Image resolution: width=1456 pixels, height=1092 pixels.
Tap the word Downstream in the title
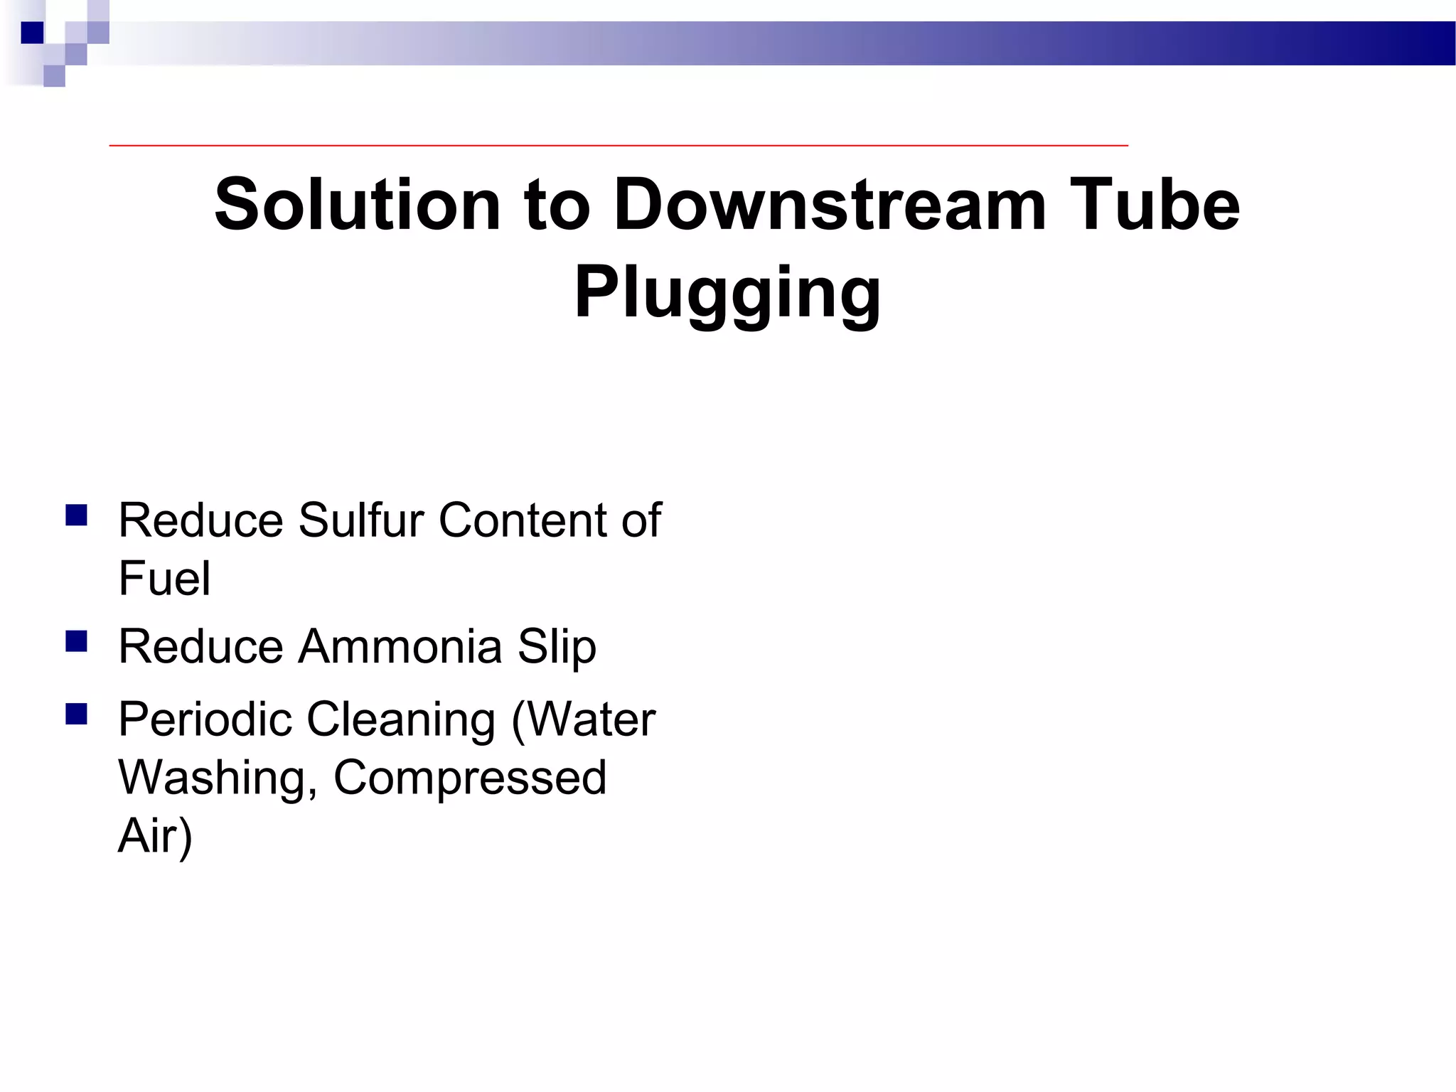829,205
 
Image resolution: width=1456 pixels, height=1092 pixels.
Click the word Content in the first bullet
523,520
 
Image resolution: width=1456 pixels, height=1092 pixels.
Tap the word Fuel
164,578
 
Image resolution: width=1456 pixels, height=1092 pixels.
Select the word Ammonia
400,646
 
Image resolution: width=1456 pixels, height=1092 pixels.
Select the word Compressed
470,778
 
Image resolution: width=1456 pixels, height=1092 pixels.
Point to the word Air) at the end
155,837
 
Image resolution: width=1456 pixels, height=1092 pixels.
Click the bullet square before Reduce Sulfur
76,515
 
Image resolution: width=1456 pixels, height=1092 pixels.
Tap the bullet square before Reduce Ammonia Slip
76,641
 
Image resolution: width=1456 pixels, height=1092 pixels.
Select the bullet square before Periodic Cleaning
76,714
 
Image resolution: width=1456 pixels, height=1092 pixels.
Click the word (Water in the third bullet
583,720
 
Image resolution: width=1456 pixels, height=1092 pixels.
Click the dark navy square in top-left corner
32,33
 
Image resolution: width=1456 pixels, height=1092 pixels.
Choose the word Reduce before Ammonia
201,646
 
